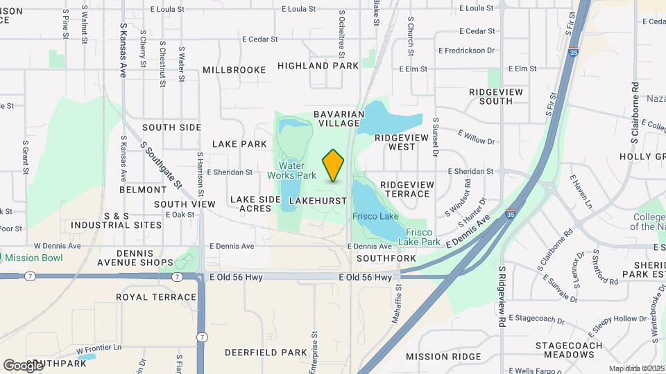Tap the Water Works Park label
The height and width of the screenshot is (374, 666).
tap(292, 170)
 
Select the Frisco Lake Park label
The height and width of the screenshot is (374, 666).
tap(423, 237)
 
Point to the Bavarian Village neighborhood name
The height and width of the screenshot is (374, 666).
tap(339, 118)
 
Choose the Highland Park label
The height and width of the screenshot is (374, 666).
tap(318, 66)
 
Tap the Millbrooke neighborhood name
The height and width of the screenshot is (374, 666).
tap(234, 70)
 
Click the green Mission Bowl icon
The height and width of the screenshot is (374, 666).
tap(1, 258)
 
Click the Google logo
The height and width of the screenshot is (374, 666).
tap(23, 365)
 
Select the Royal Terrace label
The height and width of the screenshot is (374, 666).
tap(156, 297)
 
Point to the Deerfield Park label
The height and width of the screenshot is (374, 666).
tap(266, 353)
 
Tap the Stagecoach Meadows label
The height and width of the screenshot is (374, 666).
tap(565, 350)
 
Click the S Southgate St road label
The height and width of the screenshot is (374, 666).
tap(161, 166)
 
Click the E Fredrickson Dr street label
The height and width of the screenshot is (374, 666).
tap(466, 51)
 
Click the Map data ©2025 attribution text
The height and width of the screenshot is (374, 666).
tap(637, 368)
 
